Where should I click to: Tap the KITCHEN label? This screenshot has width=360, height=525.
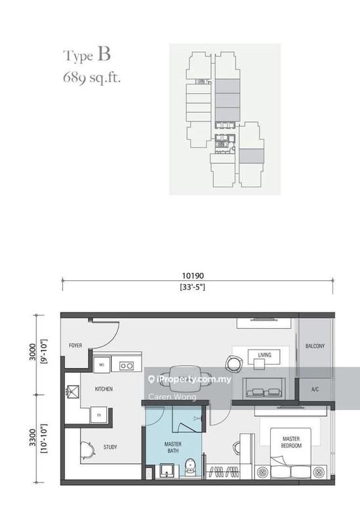click(x=104, y=389)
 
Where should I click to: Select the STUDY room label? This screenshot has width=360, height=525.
click(x=110, y=447)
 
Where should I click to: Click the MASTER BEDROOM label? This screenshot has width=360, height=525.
click(x=292, y=442)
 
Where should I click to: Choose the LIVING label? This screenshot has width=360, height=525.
click(x=264, y=355)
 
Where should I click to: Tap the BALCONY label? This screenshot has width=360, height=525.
click(x=315, y=346)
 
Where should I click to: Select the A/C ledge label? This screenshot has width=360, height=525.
click(x=315, y=389)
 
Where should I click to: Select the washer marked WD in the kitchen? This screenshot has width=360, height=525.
click(x=102, y=365)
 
